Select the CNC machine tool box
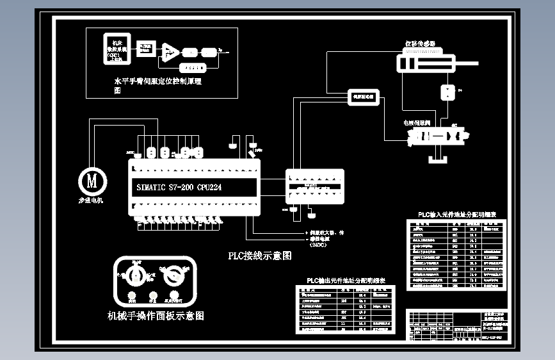coord(117,48)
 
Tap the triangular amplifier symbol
coord(168,51)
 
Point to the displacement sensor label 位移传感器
coord(420,44)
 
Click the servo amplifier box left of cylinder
coord(364,97)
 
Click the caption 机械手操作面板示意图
coord(156,316)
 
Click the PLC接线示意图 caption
coord(260,256)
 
